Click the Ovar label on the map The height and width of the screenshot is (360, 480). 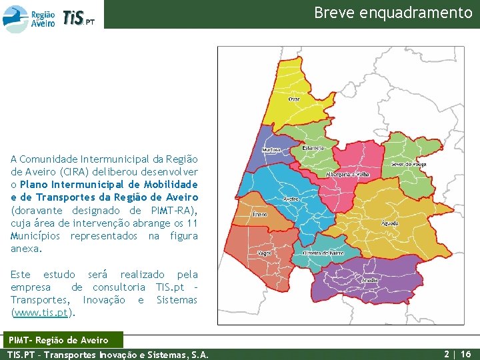tap(294, 99)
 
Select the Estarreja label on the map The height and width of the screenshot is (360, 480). tap(313, 148)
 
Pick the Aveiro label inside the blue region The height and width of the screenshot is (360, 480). tap(291, 199)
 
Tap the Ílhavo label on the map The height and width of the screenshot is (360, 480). tap(259, 214)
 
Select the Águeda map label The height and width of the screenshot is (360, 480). tap(390, 223)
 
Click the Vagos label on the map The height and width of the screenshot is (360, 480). tap(264, 254)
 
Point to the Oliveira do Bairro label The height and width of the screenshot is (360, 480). tap(323, 253)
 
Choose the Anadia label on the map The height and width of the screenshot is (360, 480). tap(369, 281)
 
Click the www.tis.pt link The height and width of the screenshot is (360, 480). tap(45, 313)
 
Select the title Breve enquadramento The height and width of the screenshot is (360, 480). tap(393, 13)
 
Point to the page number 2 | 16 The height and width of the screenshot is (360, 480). tap(457, 354)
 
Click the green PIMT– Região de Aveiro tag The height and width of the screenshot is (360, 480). tap(63, 341)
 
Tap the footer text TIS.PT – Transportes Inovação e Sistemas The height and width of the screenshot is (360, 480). tap(107, 354)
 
